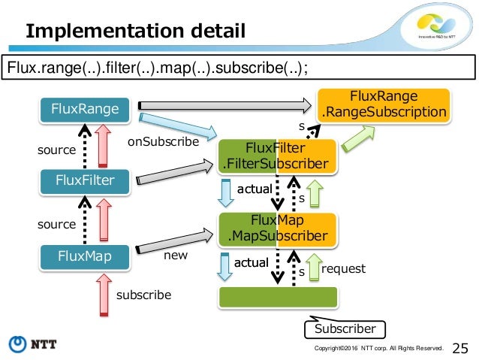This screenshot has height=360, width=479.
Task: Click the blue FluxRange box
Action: (x=85, y=110)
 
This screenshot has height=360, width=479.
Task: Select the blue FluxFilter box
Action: (x=85, y=181)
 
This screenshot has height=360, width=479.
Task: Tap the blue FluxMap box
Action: (x=85, y=257)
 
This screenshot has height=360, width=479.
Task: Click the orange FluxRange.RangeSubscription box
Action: (x=384, y=105)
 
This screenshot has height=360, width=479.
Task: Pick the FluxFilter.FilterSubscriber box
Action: (x=277, y=156)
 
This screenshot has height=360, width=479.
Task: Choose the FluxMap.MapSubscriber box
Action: (x=277, y=229)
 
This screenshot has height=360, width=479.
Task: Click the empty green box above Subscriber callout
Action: (x=278, y=297)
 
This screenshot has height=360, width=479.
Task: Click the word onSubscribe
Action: (x=163, y=141)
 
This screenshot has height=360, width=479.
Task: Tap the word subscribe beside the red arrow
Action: (x=143, y=295)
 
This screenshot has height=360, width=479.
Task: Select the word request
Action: (x=343, y=269)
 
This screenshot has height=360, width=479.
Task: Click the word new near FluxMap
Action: (x=176, y=255)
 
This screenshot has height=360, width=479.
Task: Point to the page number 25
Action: (x=459, y=349)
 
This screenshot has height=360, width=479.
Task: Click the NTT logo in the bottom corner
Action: (x=32, y=344)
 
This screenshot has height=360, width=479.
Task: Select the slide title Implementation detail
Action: (x=135, y=31)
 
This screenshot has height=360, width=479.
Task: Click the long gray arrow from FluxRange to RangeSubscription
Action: (x=224, y=105)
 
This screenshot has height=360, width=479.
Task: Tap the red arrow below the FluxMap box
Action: (x=104, y=295)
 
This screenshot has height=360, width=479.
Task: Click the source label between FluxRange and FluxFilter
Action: (x=56, y=150)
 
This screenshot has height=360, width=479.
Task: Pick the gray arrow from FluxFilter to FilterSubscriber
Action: (x=174, y=172)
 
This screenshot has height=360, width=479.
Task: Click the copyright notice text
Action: (x=378, y=348)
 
